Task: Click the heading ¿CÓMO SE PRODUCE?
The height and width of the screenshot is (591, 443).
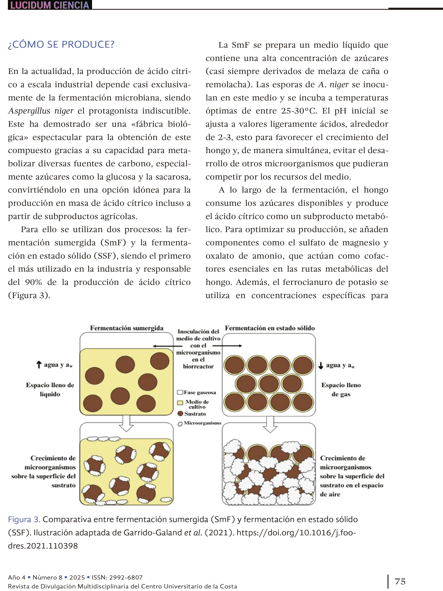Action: tap(61, 44)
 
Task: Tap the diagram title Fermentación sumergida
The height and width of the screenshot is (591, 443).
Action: tap(127, 328)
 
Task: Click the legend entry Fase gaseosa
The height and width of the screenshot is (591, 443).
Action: tap(197, 393)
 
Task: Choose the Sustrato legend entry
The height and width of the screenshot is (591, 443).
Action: tap(192, 414)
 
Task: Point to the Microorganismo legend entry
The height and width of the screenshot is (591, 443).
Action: tap(199, 423)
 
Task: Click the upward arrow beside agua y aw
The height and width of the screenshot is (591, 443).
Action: tap(39, 365)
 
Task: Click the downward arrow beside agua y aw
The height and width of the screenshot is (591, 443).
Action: tap(321, 365)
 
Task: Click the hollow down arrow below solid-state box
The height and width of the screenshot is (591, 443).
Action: tap(270, 424)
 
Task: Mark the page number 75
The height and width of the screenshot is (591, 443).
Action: tap(400, 581)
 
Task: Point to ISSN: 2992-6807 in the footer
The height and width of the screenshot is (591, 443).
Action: tap(117, 577)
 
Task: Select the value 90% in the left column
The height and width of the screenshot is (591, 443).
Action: tap(33, 282)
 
